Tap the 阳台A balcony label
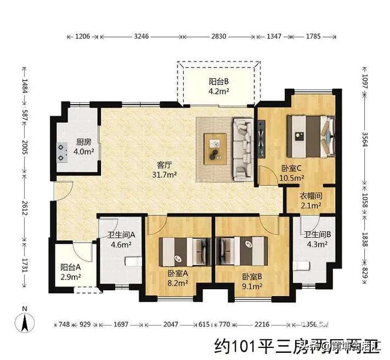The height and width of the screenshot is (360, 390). coord(71,268)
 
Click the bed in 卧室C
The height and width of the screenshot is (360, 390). coord(310,134)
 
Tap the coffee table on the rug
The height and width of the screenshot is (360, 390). coord(215,148)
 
